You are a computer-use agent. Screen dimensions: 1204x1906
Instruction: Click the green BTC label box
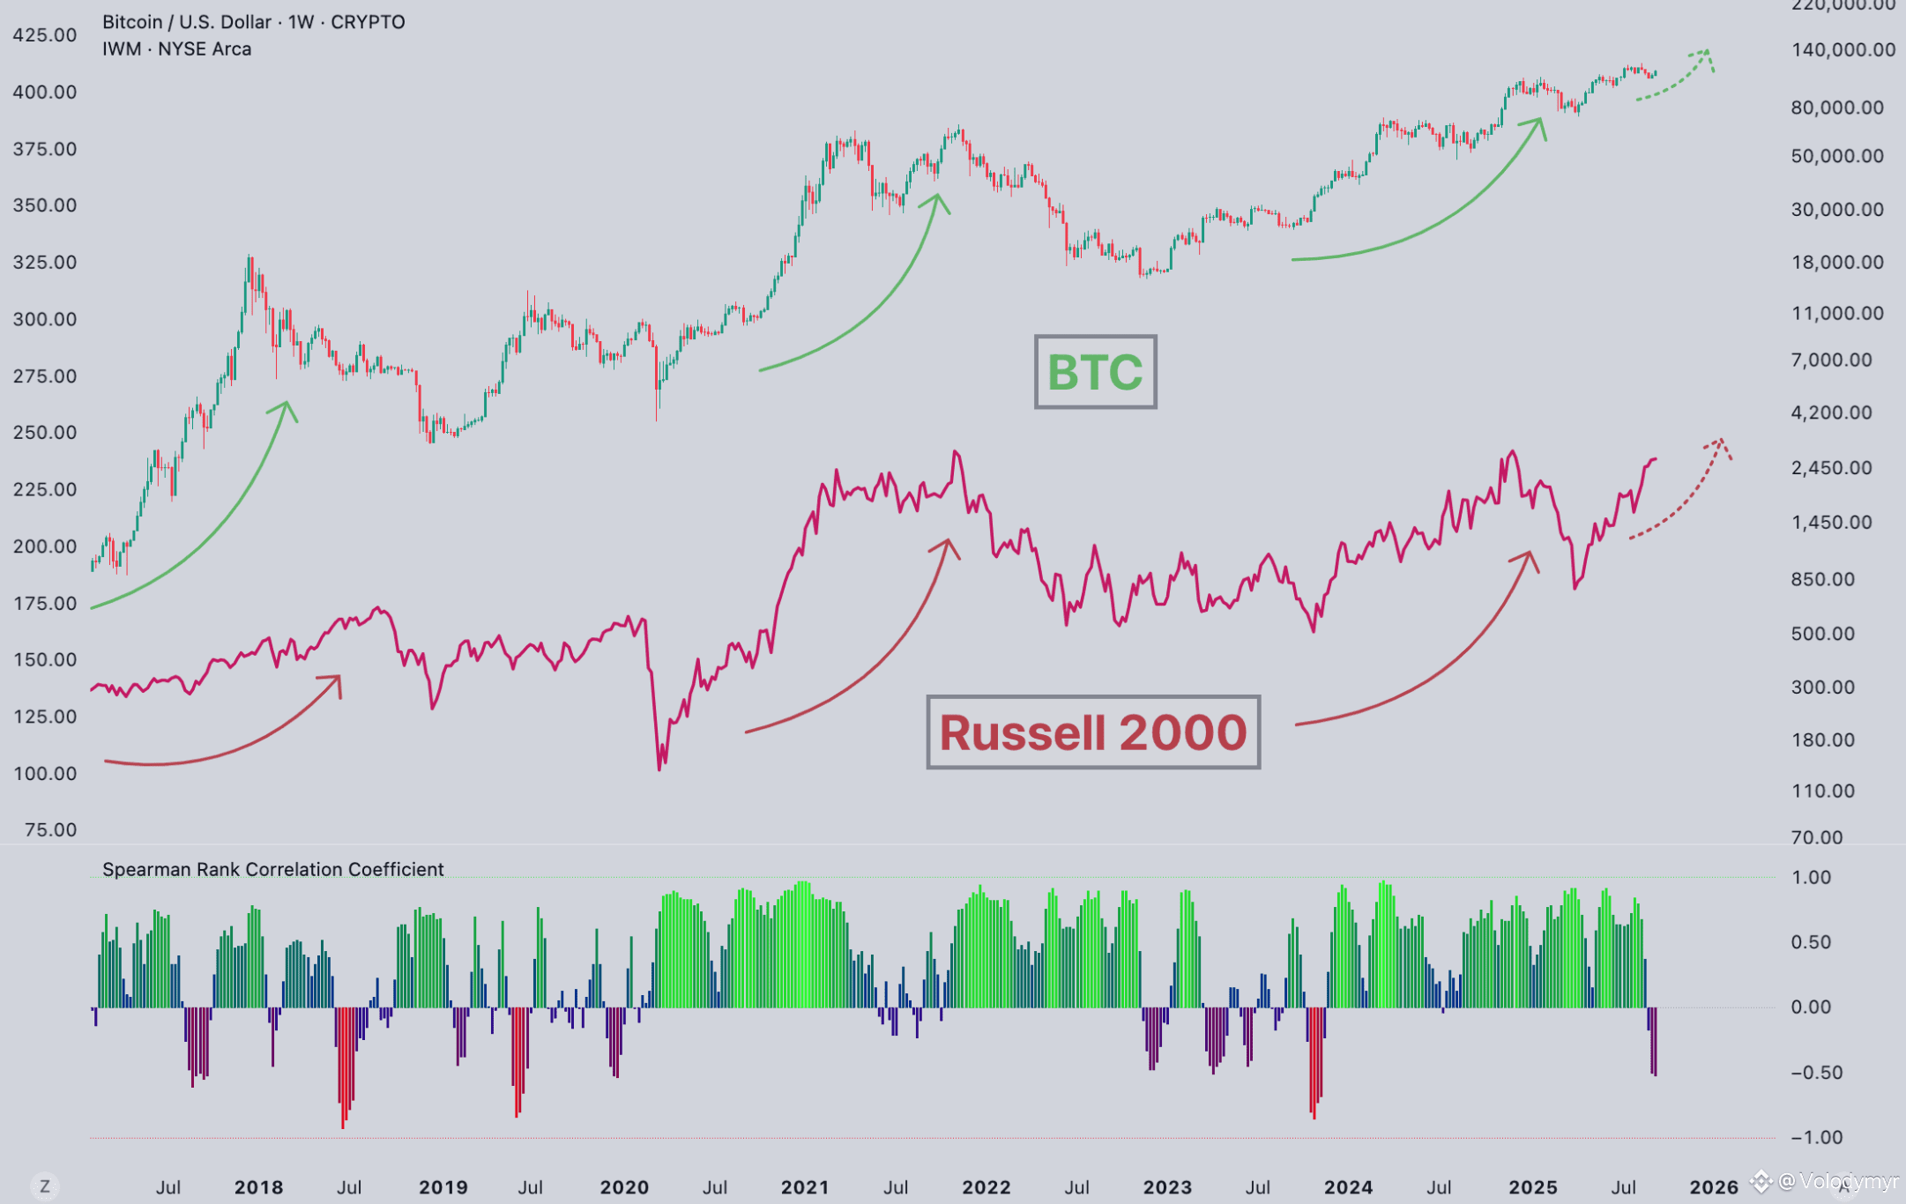pos(1095,372)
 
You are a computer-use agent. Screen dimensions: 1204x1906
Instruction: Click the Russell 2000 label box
pos(1093,732)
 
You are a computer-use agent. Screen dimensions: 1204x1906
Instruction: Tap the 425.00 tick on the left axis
pos(45,35)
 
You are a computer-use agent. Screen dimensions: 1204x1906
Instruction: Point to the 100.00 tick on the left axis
pos(45,774)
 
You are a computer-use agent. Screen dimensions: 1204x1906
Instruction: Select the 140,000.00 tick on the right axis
pos(1843,50)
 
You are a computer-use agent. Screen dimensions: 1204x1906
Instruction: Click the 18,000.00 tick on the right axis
pos(1837,263)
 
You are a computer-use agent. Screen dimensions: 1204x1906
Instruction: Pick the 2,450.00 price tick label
pos(1831,468)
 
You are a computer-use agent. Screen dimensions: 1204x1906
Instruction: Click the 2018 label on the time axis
pos(258,1187)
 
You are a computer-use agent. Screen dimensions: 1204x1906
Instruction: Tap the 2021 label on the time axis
pos(805,1187)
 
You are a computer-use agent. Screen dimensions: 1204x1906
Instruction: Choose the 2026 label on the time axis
pos(1714,1187)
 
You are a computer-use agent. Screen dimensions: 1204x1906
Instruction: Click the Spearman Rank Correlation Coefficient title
pos(272,870)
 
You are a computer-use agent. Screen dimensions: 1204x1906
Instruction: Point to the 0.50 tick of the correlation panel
pos(1811,942)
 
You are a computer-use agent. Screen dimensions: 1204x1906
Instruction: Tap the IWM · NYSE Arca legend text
pos(176,49)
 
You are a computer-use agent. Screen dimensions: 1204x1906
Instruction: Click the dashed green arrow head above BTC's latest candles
pos(1707,55)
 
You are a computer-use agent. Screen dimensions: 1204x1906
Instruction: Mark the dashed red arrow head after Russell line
pos(1720,443)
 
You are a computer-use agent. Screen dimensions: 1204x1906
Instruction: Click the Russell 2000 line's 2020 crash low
pos(659,769)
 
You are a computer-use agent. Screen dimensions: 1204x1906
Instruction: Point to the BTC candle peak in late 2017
pos(250,257)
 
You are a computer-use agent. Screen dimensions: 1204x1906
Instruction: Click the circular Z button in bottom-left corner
pos(45,1186)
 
